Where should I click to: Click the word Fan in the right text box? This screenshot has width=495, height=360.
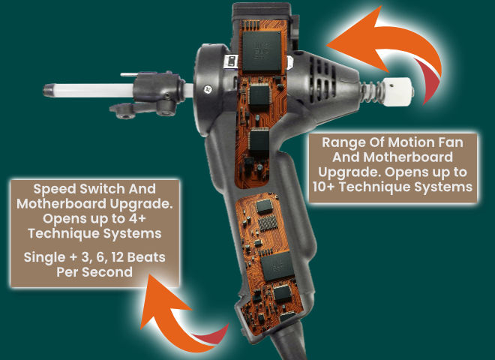440,142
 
